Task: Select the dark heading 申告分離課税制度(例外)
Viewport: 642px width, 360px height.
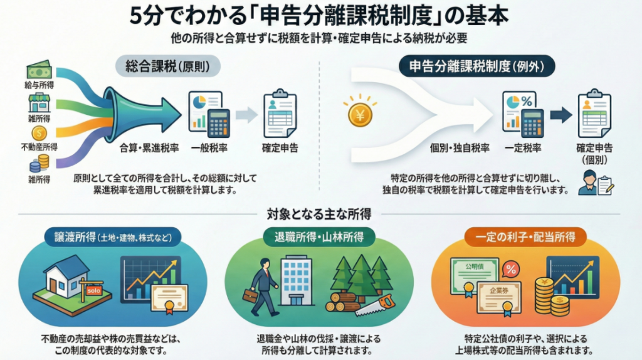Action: [x=477, y=66]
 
